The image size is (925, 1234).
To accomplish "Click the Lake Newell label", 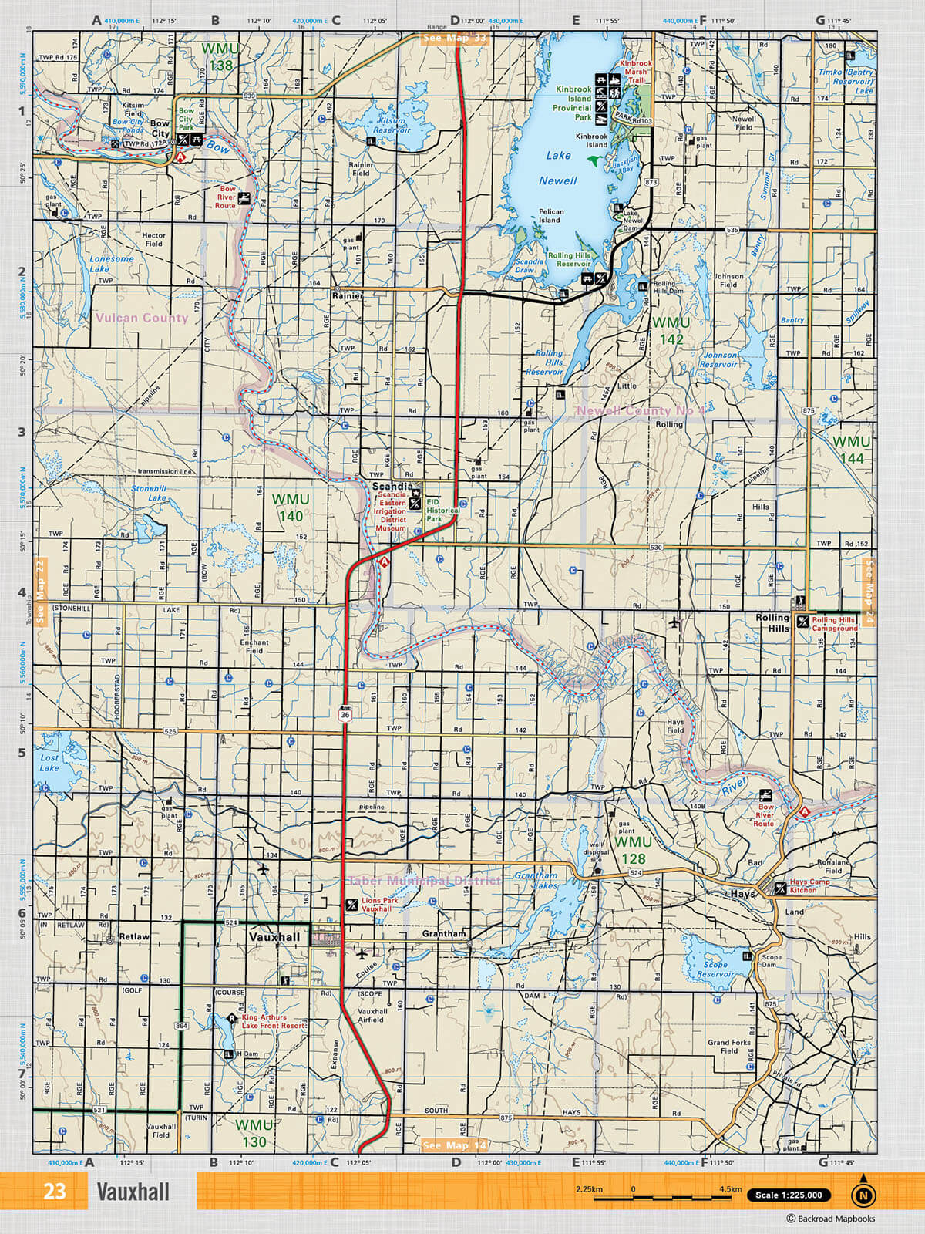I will click(558, 168).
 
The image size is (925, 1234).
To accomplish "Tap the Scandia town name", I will click(392, 487).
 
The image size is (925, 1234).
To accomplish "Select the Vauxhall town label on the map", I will click(274, 937).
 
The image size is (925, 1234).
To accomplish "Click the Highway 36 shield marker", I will click(345, 714).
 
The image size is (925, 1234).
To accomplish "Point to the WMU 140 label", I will click(291, 507).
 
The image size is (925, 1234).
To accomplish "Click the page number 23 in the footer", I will click(54, 1192).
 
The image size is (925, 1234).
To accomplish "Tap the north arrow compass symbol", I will click(863, 1194).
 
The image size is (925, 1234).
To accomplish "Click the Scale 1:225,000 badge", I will click(789, 1195).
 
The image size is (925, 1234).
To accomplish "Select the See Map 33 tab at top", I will click(455, 38).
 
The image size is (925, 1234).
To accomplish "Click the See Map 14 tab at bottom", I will click(455, 1145).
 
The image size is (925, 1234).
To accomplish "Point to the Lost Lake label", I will click(49, 763).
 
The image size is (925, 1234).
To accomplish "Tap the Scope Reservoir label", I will click(715, 969).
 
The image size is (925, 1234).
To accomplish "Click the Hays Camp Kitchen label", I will click(809, 886).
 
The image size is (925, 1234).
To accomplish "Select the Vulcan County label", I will click(141, 318).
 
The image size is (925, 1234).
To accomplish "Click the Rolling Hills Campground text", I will click(834, 624).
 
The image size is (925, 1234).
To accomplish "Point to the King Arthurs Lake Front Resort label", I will click(273, 1021).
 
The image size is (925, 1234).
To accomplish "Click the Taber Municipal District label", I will click(425, 881).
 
